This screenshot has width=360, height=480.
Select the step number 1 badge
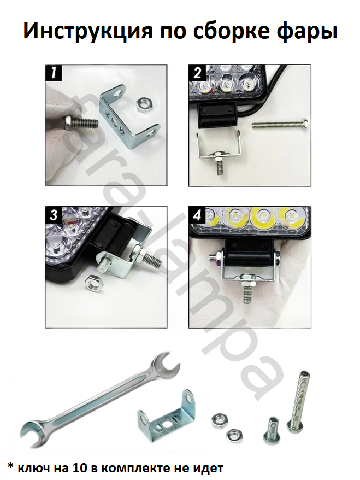(x=54, y=73)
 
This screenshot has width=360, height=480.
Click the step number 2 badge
(x=197, y=73)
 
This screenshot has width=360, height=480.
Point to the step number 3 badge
(x=54, y=215)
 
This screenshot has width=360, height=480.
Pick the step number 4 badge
(x=197, y=215)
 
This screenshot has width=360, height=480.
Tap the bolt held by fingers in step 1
(x=81, y=124)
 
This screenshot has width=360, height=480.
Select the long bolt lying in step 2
(x=280, y=124)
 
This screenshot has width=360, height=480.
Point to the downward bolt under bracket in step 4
(x=247, y=289)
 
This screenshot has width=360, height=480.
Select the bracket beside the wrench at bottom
(x=167, y=417)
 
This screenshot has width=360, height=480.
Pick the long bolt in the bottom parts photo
(x=299, y=401)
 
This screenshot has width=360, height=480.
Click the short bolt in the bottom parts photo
(x=271, y=430)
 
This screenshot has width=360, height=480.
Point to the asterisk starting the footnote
(x=10, y=466)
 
